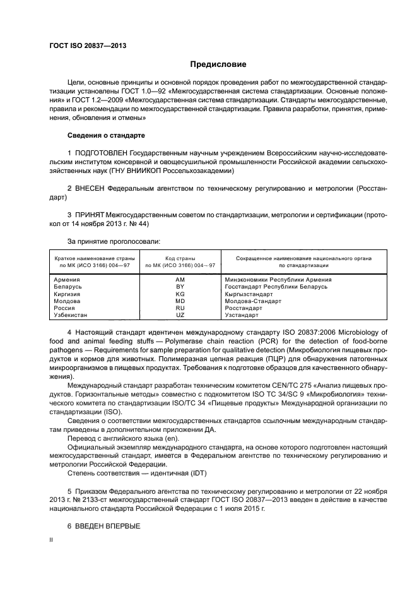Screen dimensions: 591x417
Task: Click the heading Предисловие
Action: (218, 64)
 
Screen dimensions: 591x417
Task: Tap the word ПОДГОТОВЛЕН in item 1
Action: (102, 153)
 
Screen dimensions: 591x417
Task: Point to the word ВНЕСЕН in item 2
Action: (90, 189)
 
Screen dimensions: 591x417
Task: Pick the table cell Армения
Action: (67, 279)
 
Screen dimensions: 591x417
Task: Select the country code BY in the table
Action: (180, 286)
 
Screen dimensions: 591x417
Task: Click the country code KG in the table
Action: (180, 294)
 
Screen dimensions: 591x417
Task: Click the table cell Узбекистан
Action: (71, 314)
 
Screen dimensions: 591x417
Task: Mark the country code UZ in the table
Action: (180, 314)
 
